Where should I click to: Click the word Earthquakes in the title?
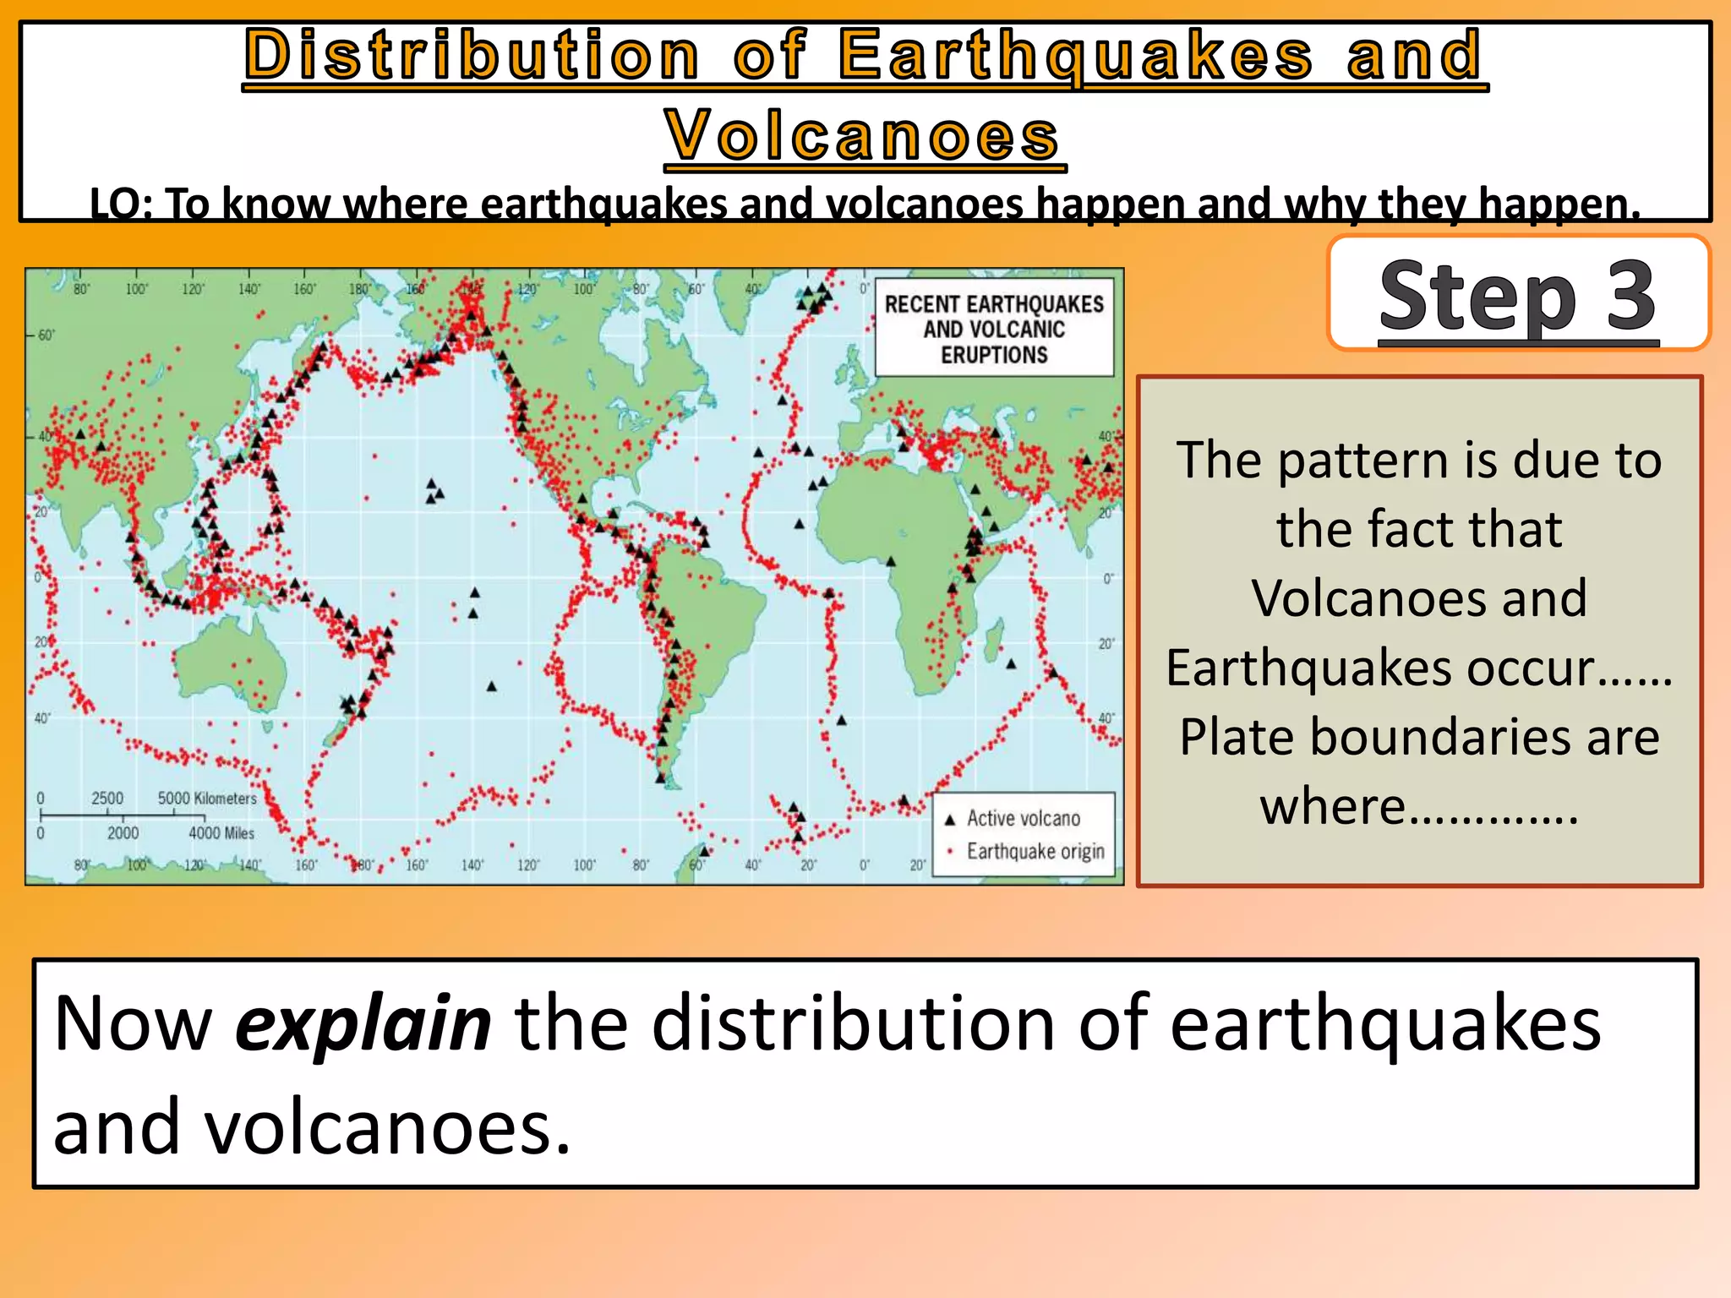tap(1075, 55)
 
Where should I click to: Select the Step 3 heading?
tap(1518, 296)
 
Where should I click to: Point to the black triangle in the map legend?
tap(950, 820)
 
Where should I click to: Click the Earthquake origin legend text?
tap(1035, 851)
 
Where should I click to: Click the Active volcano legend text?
tap(1024, 818)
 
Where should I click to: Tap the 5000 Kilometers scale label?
tap(207, 799)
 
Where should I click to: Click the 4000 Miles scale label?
tap(221, 833)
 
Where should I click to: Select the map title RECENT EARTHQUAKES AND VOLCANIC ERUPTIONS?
tap(994, 329)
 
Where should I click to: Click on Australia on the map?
tap(228, 668)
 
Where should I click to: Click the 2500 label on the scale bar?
tap(107, 799)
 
